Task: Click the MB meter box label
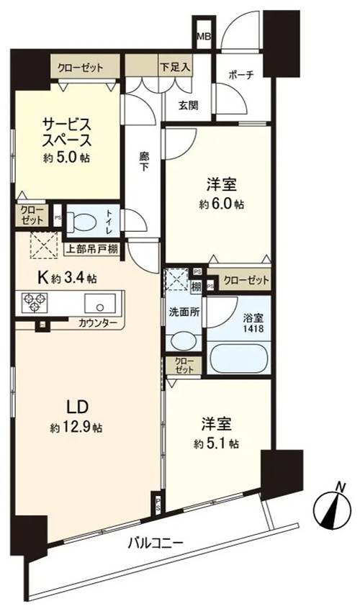[x=204, y=37]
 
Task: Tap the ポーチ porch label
[x=240, y=76]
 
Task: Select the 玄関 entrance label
[x=189, y=105]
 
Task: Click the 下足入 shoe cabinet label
[x=175, y=68]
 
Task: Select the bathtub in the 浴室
[x=238, y=358]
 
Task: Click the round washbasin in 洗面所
[x=183, y=340]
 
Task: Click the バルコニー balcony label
[x=156, y=543]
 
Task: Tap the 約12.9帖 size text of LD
[x=76, y=428]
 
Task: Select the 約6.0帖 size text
[x=221, y=204]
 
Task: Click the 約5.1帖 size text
[x=216, y=443]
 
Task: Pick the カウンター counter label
[x=97, y=323]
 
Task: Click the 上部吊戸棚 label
[x=92, y=249]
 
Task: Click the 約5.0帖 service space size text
[x=66, y=158]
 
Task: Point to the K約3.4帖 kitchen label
[x=67, y=278]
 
